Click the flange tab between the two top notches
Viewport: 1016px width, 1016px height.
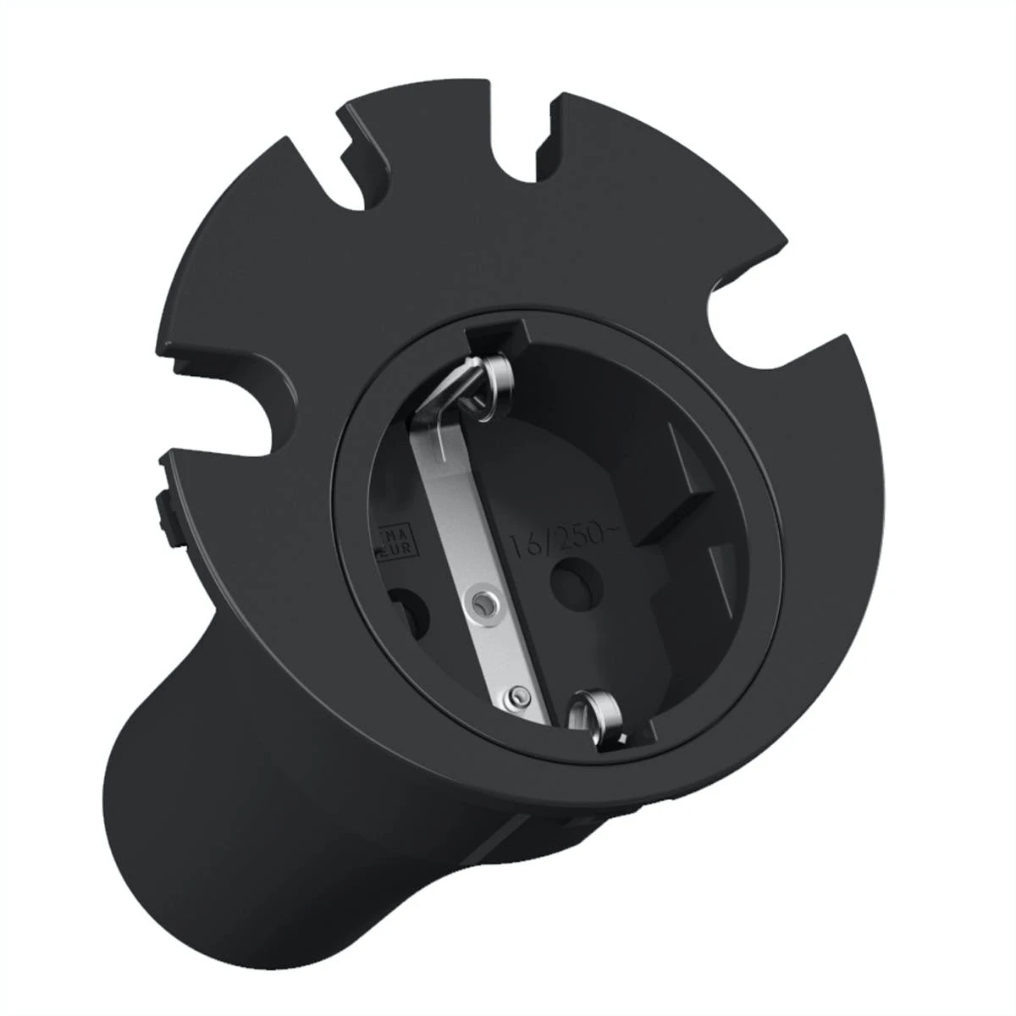(x=449, y=135)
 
